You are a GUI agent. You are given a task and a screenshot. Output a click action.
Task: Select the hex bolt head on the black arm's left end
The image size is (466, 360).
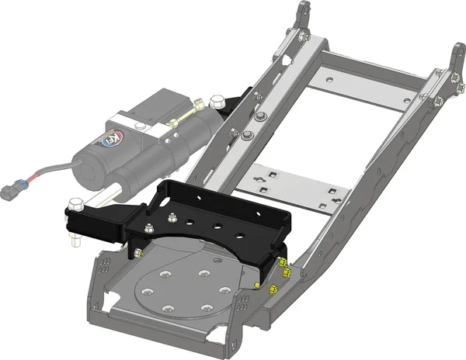(x=75, y=204)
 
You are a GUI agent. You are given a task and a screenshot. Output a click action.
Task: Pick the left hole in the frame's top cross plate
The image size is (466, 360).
(x=331, y=78)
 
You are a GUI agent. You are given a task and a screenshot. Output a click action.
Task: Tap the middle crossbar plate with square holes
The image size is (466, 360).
(x=295, y=191)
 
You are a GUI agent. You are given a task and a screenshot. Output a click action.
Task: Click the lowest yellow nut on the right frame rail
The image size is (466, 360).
(x=273, y=289)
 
